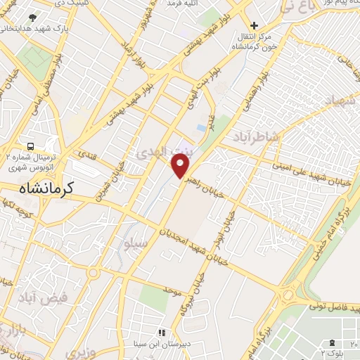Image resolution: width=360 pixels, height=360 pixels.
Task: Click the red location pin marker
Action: point(181,165)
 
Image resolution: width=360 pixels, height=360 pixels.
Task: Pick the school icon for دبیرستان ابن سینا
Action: point(161,333)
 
